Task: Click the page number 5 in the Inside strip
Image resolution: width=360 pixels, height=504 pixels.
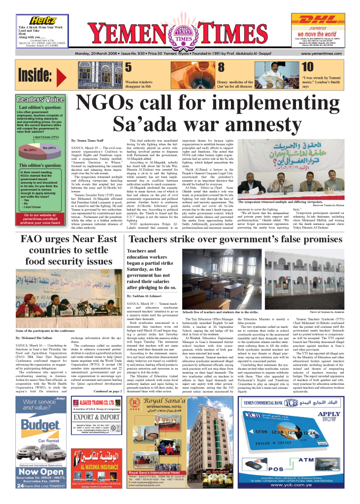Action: click(128, 67)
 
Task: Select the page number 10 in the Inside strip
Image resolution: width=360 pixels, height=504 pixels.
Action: click(307, 67)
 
